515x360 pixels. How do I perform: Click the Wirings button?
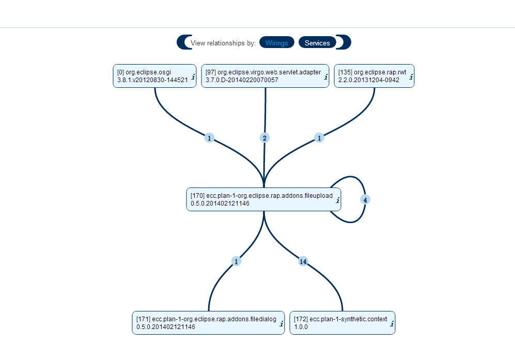coord(276,43)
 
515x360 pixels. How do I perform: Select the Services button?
coord(317,43)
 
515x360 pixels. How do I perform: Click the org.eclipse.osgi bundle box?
coord(154,76)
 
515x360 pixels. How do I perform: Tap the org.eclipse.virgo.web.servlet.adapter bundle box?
coord(265,76)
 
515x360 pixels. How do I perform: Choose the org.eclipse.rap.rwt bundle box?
coord(374,76)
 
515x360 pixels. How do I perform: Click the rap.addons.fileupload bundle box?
coord(264,199)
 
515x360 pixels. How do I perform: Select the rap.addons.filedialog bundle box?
coord(208,323)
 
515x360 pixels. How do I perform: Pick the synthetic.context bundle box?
coord(342,323)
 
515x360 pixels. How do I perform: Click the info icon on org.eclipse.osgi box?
coord(193,77)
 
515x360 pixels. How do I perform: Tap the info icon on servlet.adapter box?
coord(326,77)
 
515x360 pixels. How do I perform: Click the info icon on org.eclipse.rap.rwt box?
coord(411,77)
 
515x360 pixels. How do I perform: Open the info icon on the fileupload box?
coord(338,200)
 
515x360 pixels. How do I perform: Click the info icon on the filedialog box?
coord(282,324)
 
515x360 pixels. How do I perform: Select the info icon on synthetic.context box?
coord(392,324)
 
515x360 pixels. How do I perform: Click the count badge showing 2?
coord(264,138)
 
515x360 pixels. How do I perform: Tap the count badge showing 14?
coord(303,261)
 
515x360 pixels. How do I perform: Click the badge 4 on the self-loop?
coord(365,200)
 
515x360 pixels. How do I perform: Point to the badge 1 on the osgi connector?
coord(209,138)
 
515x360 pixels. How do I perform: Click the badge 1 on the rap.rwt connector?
coord(319,138)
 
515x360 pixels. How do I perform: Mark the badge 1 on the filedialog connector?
coord(236,261)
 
